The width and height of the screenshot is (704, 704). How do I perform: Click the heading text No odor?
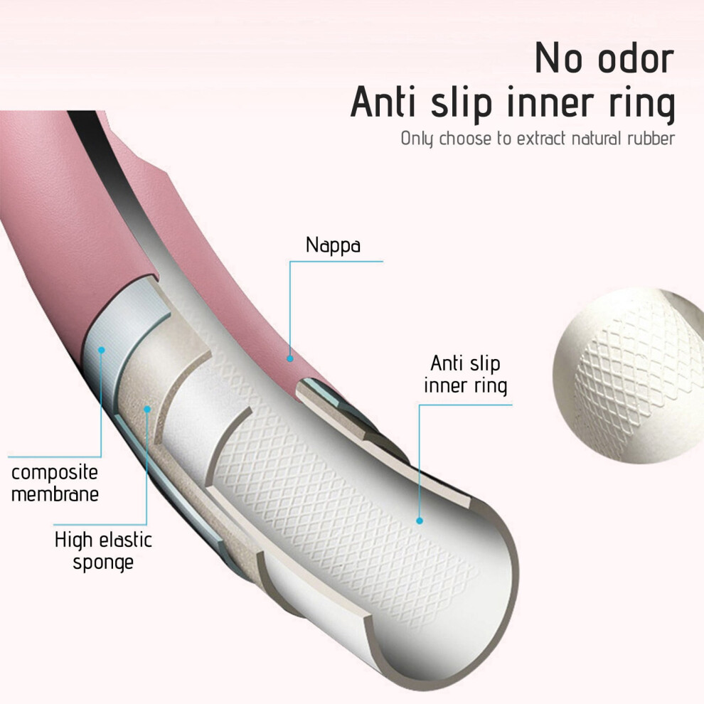[604, 58]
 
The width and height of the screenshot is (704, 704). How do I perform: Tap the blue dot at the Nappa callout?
[290, 358]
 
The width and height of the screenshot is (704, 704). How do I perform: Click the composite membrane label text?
[55, 483]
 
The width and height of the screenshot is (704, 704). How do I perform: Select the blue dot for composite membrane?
[102, 350]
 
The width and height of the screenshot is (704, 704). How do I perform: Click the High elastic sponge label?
[103, 551]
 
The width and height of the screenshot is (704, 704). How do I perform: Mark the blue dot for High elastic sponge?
[146, 409]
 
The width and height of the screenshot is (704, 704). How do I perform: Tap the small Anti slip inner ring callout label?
[466, 375]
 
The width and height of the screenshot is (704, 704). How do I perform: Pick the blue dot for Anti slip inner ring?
[420, 521]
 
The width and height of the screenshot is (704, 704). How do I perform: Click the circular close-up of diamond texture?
[629, 377]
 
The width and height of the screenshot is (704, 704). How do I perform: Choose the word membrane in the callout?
[55, 494]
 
